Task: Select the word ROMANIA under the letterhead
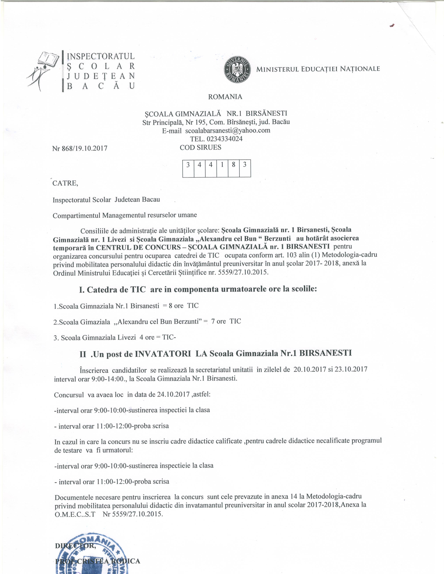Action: [225, 97]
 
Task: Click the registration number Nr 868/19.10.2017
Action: [80, 148]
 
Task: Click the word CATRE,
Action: [65, 183]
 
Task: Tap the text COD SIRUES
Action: [200, 147]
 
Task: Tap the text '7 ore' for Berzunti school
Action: [218, 321]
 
